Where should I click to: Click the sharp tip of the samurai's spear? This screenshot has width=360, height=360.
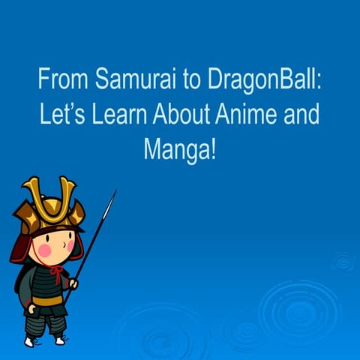[x=115, y=193]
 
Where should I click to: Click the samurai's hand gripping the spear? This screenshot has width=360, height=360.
[x=73, y=284]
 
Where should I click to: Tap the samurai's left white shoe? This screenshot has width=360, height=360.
[x=30, y=341]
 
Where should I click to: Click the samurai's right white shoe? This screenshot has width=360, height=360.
[x=59, y=340]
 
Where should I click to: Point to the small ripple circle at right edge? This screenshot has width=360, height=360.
[x=343, y=262]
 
